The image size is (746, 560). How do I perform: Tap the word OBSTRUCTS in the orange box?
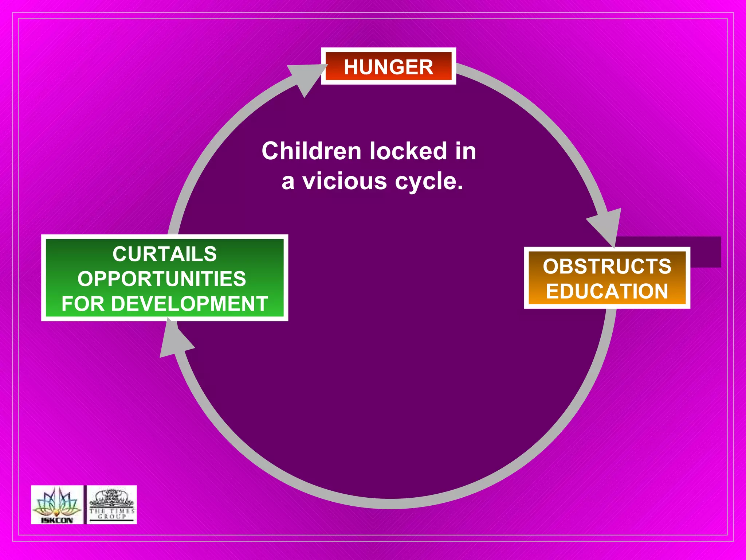(607, 266)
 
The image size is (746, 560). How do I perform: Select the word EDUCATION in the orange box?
(607, 291)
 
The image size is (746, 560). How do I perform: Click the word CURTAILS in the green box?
(165, 254)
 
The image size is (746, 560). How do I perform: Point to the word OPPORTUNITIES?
(162, 279)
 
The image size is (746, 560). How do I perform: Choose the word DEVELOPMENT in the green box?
(189, 304)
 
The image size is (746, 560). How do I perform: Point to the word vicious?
(344, 181)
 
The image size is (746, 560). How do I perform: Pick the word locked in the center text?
(408, 151)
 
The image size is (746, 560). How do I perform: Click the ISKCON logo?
(57, 505)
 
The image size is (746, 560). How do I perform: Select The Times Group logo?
(112, 505)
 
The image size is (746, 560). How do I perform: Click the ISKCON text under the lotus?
(57, 520)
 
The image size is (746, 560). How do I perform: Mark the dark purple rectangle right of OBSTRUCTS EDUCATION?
(705, 252)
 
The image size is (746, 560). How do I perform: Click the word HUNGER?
(388, 67)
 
